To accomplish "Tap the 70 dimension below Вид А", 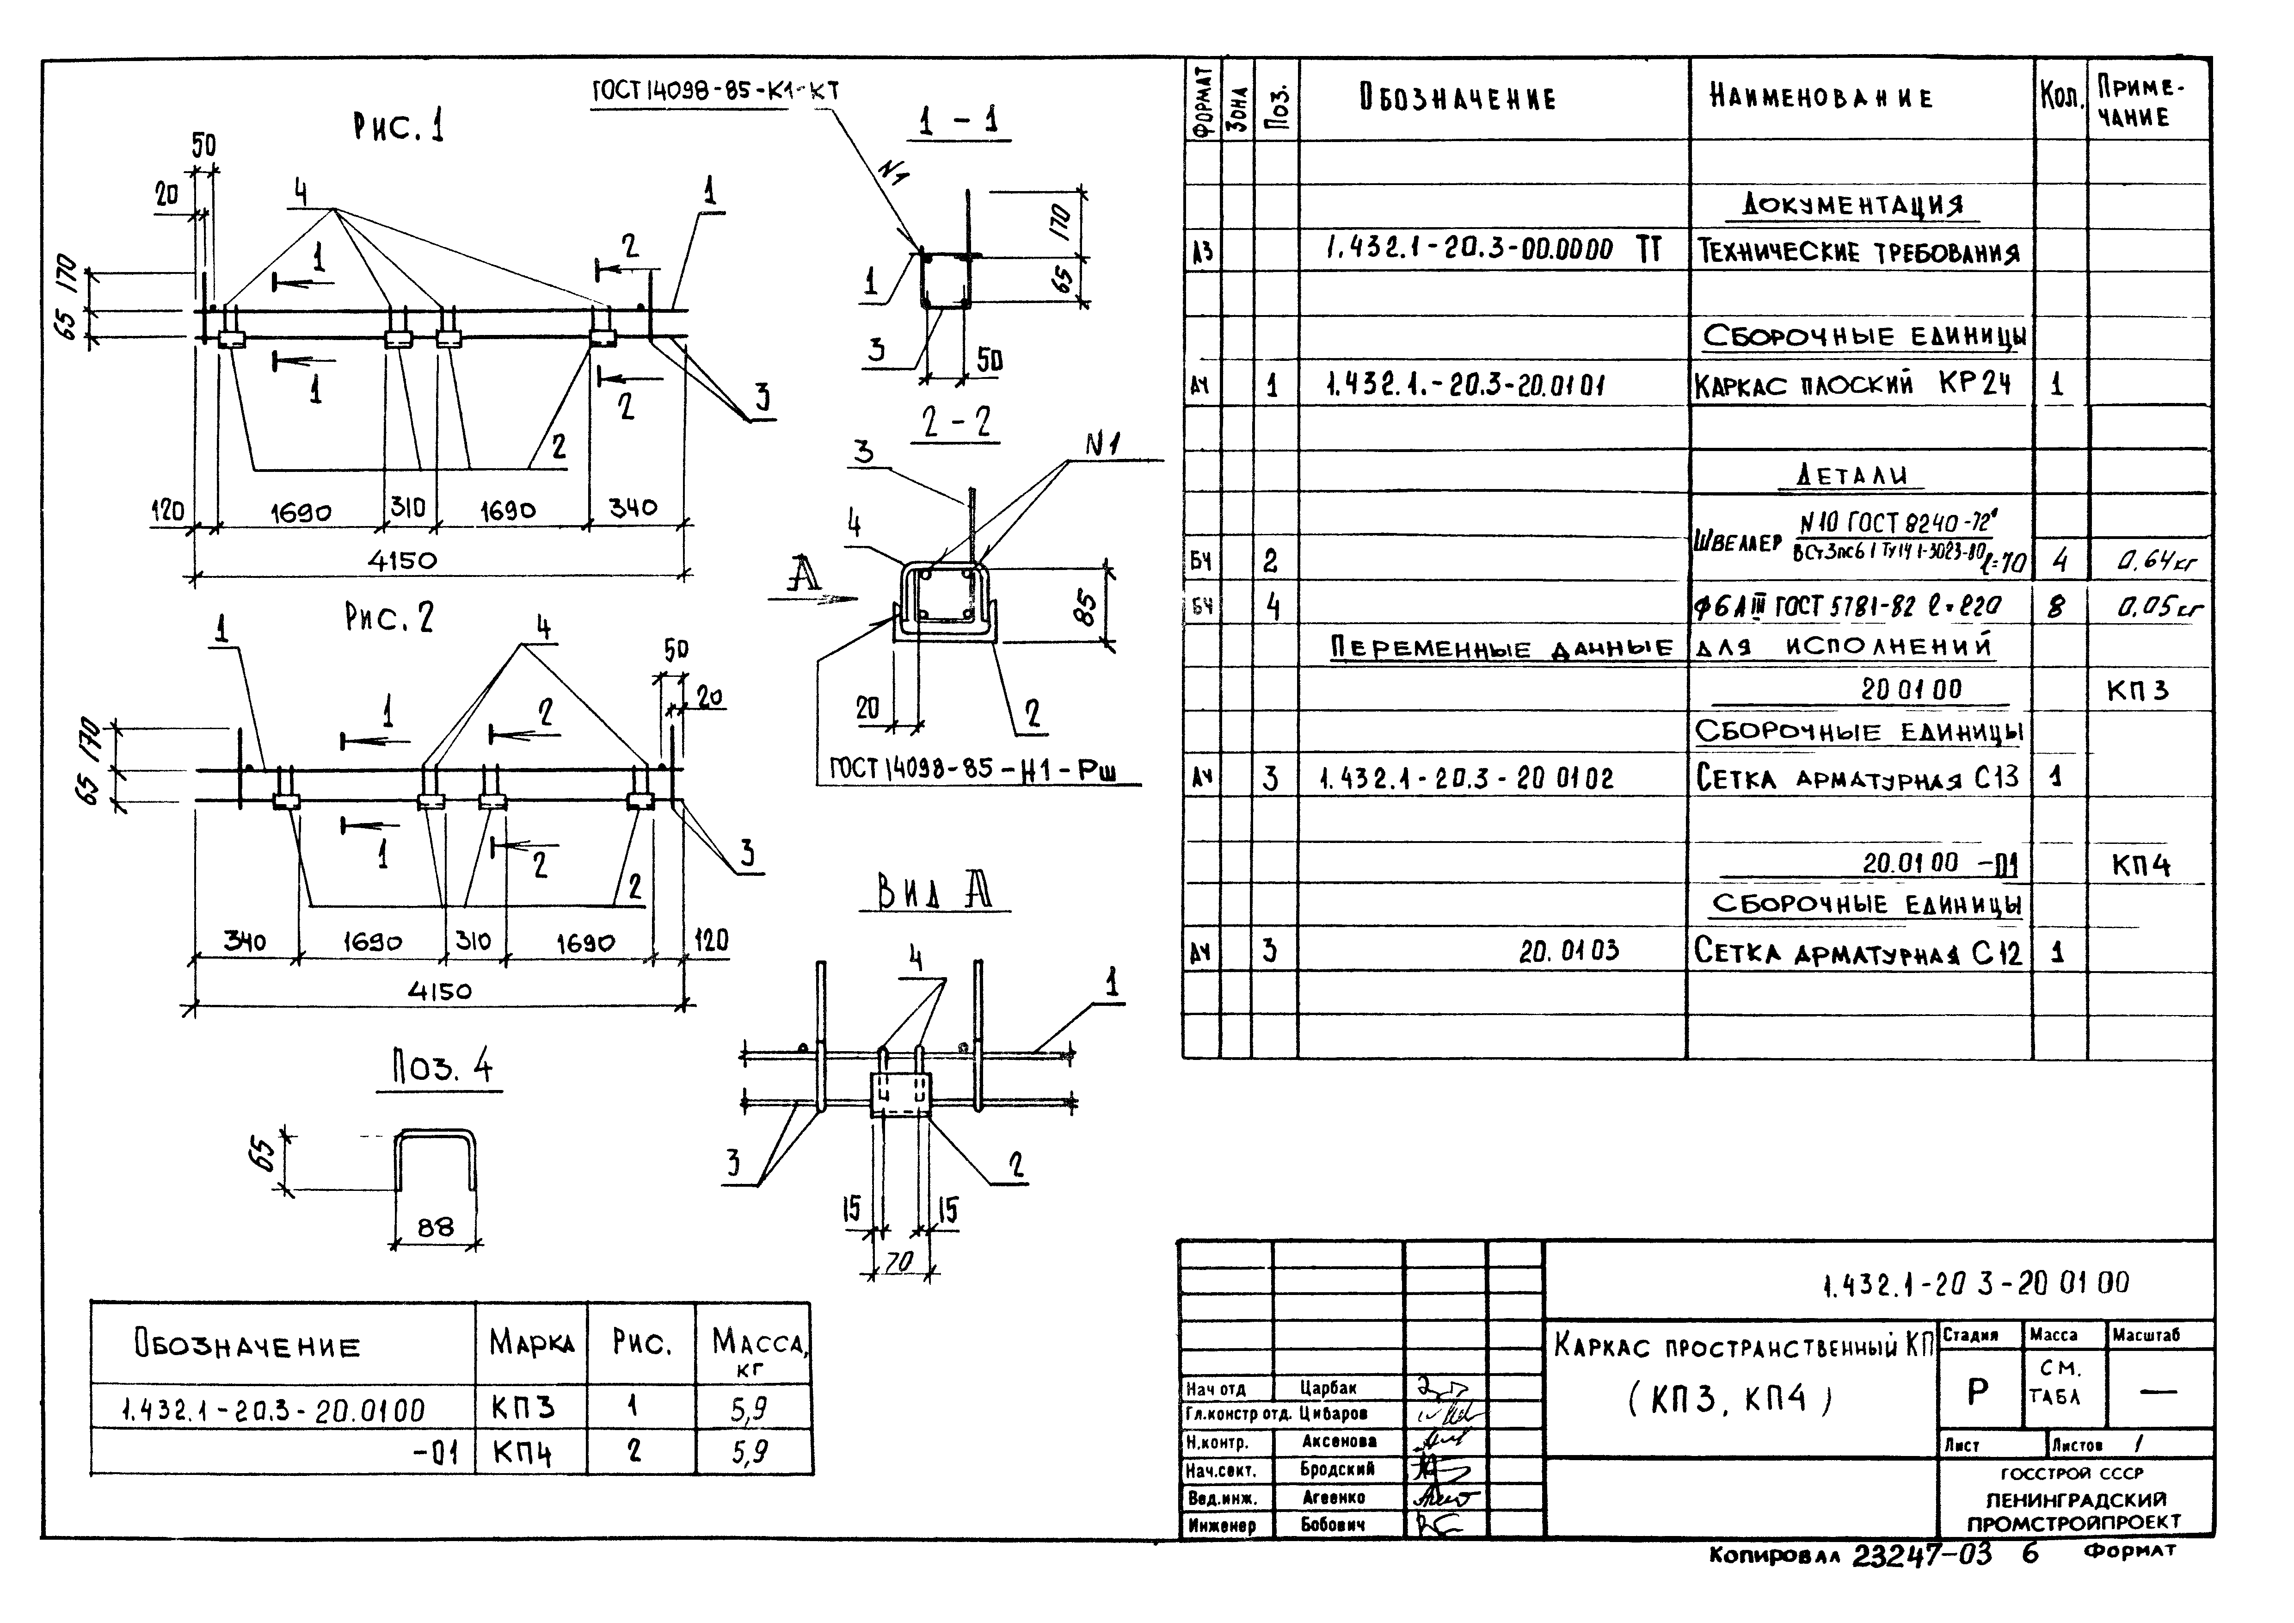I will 899,1262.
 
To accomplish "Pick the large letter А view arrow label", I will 803,575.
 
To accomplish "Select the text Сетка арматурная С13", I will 1857,778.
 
